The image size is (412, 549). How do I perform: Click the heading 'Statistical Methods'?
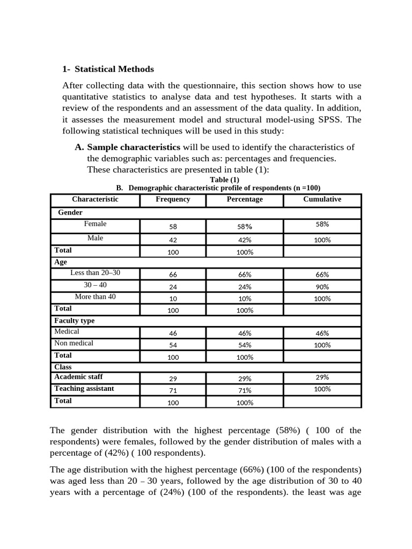[x=114, y=69]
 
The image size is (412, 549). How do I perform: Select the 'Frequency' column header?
[x=173, y=199]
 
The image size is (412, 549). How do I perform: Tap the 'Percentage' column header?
[x=245, y=199]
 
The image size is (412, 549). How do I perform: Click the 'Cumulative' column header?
[x=322, y=199]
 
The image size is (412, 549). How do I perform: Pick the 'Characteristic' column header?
[x=95, y=199]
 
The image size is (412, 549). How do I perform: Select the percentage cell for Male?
[x=245, y=240]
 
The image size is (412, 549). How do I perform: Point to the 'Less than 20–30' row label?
[x=95, y=273]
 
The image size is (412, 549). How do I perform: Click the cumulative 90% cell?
[x=322, y=287]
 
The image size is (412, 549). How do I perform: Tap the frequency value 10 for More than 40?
[x=173, y=299]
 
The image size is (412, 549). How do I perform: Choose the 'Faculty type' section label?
[x=75, y=321]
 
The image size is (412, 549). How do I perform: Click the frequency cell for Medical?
[x=173, y=333]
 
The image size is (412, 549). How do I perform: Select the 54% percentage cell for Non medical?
[x=245, y=345]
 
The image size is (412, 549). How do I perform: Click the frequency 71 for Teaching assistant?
[x=173, y=390]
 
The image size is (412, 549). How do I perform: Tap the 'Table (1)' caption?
[x=225, y=180]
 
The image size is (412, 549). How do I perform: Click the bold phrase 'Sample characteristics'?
[x=134, y=147]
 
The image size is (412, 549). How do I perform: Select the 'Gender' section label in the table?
[x=70, y=212]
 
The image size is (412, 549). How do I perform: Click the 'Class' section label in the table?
[x=63, y=367]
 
